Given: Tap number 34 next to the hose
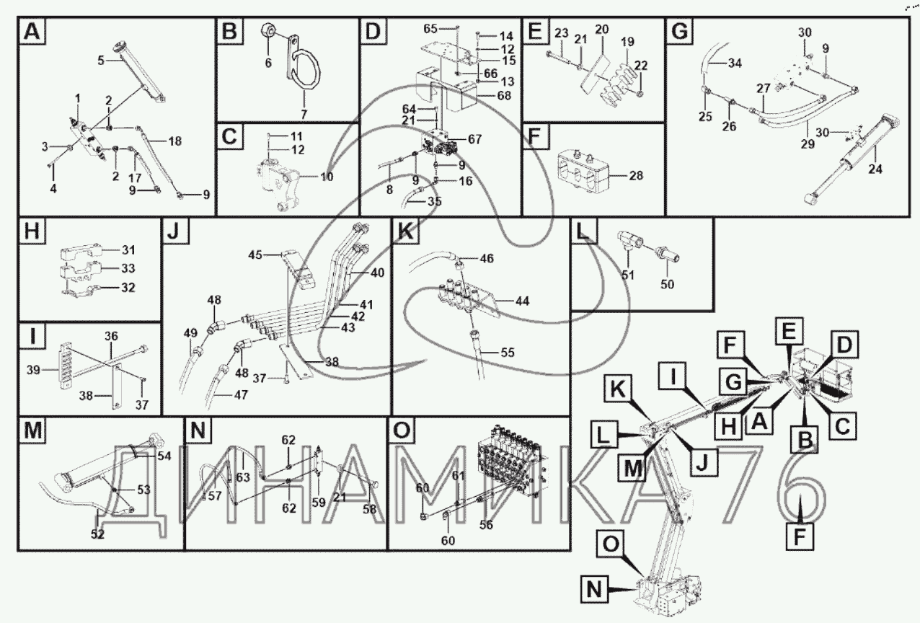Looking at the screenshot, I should tap(734, 64).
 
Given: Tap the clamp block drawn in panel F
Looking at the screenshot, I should tap(583, 172).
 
